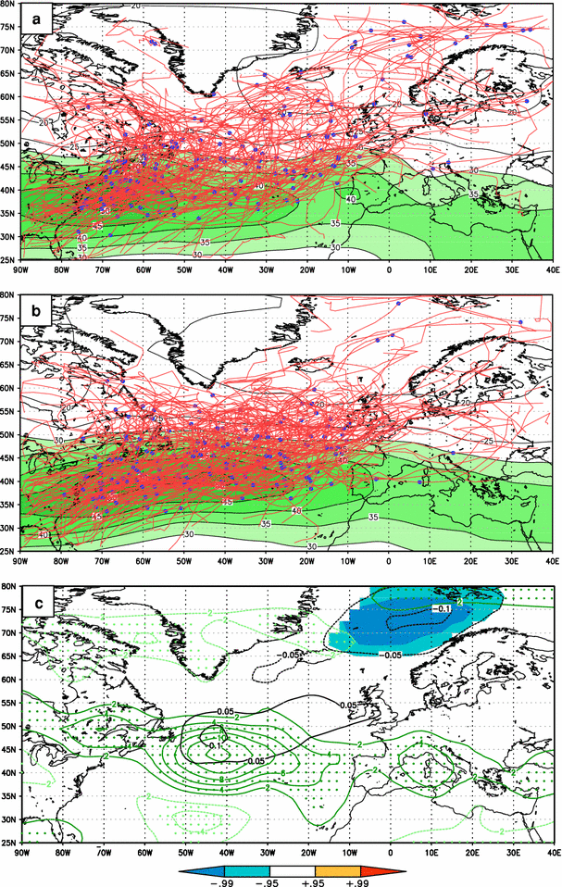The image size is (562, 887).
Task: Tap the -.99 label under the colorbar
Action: (x=225, y=880)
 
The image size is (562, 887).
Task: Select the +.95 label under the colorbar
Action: (x=315, y=880)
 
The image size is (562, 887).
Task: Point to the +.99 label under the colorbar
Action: (x=359, y=880)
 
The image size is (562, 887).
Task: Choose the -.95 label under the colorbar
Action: (x=269, y=880)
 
